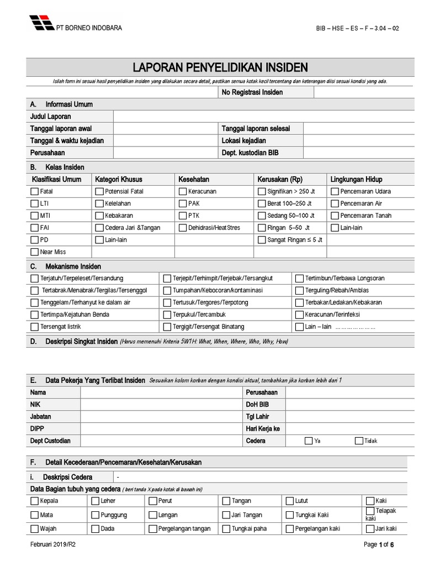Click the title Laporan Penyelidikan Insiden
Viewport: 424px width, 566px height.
[220, 67]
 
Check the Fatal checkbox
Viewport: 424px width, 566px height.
[35, 191]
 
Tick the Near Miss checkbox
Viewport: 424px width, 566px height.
[35, 252]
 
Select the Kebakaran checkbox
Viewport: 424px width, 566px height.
[99, 216]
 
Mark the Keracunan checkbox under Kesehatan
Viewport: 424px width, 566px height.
[183, 191]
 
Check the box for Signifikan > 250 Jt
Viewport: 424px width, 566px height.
[262, 191]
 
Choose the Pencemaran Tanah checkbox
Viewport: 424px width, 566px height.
[335, 216]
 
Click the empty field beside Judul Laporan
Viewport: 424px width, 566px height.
[263, 117]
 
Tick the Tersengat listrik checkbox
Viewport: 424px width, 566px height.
[35, 327]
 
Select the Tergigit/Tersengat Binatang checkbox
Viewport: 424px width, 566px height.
[167, 327]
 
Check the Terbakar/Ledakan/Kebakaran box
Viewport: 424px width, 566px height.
[300, 302]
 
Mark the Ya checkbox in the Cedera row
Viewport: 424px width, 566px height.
[309, 441]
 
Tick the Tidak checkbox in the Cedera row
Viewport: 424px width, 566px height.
[359, 441]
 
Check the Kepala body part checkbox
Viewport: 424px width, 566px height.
[35, 501]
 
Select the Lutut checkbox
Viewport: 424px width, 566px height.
[290, 501]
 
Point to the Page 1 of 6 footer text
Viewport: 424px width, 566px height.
[379, 544]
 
